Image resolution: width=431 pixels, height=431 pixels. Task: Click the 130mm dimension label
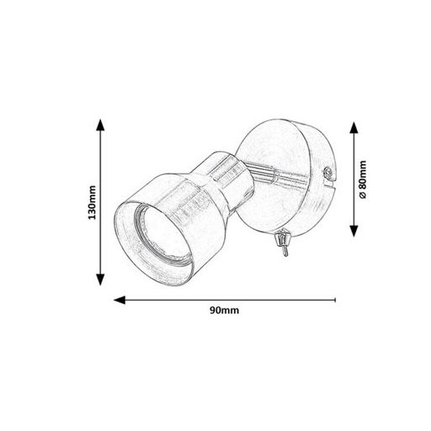tap(92, 202)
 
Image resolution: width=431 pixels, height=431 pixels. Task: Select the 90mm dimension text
tap(225, 311)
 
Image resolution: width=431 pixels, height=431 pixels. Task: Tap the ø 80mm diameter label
tap(363, 179)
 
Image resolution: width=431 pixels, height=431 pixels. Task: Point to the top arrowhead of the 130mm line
tap(100, 125)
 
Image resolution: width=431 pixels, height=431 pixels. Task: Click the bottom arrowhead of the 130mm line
tap(100, 279)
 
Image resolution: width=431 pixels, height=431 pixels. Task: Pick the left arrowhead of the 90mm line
tap(120, 300)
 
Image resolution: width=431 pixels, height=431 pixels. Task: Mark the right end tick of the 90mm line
tap(335, 300)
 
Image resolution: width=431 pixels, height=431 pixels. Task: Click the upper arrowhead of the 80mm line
tap(354, 128)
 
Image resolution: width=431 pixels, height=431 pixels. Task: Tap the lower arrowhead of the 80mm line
tap(354, 231)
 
